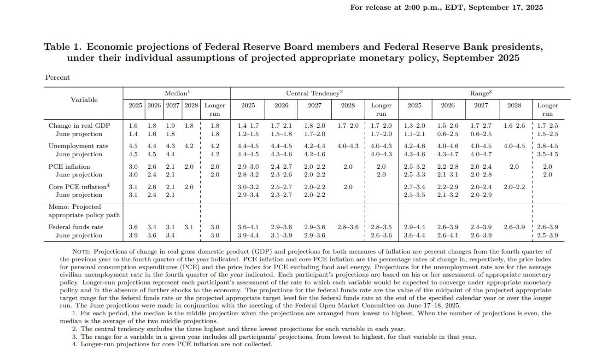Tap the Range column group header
click(x=480, y=93)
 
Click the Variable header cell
click(x=84, y=100)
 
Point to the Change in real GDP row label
click(x=79, y=125)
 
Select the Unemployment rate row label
click(x=78, y=146)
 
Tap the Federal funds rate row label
click(x=76, y=227)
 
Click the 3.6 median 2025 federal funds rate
click(x=133, y=227)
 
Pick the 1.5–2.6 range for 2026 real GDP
click(x=447, y=125)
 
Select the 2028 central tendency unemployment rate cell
click(x=348, y=146)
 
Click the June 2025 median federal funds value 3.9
click(x=133, y=235)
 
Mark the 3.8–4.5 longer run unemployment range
click(x=547, y=146)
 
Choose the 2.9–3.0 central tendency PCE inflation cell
click(x=248, y=166)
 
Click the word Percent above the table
click(x=58, y=77)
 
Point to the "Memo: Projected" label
click(x=75, y=207)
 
